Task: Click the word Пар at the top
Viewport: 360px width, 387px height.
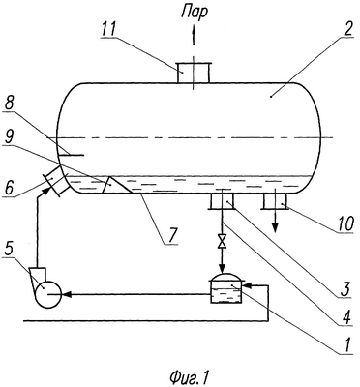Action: tap(195, 14)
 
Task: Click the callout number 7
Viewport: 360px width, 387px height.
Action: tap(171, 237)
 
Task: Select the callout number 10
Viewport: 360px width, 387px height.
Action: tap(346, 223)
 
